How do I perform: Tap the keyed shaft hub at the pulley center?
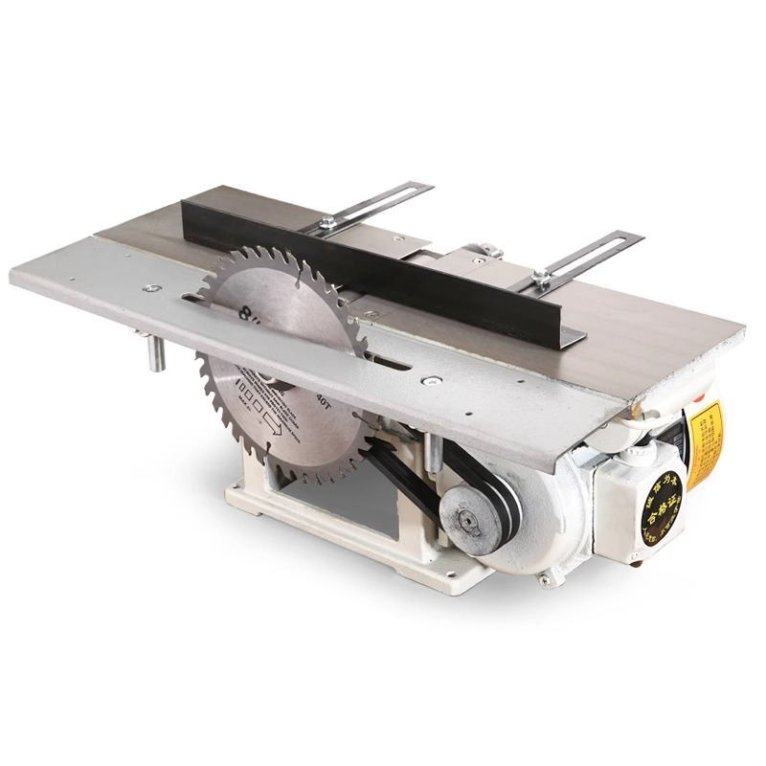(x=468, y=521)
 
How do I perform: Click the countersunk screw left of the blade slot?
(x=151, y=287)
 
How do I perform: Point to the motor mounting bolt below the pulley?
(x=547, y=578)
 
